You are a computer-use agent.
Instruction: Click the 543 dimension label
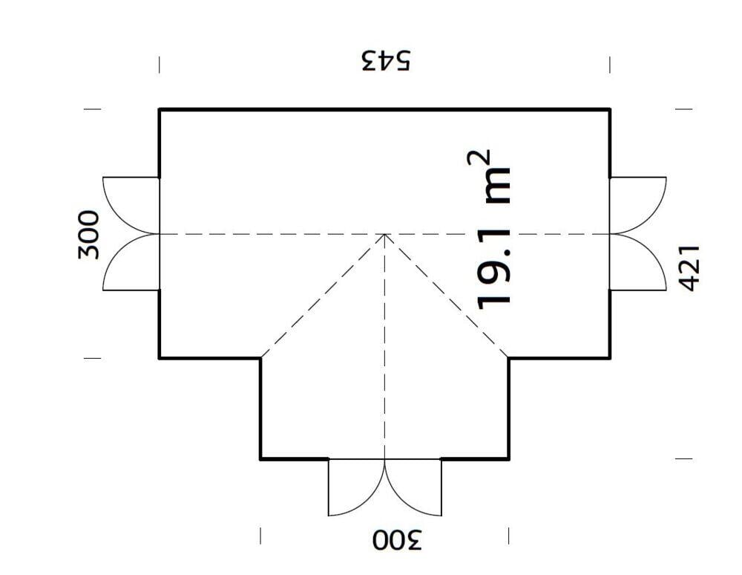(x=385, y=60)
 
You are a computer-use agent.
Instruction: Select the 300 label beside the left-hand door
(x=88, y=234)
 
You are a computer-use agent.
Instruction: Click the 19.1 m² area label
(x=492, y=230)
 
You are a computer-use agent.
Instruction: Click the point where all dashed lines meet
(x=384, y=234)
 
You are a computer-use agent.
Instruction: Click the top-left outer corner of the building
(x=160, y=110)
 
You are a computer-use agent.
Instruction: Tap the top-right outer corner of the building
(x=610, y=110)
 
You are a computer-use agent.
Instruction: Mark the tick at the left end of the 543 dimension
(x=159, y=65)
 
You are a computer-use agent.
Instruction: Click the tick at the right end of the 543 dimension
(x=610, y=65)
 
